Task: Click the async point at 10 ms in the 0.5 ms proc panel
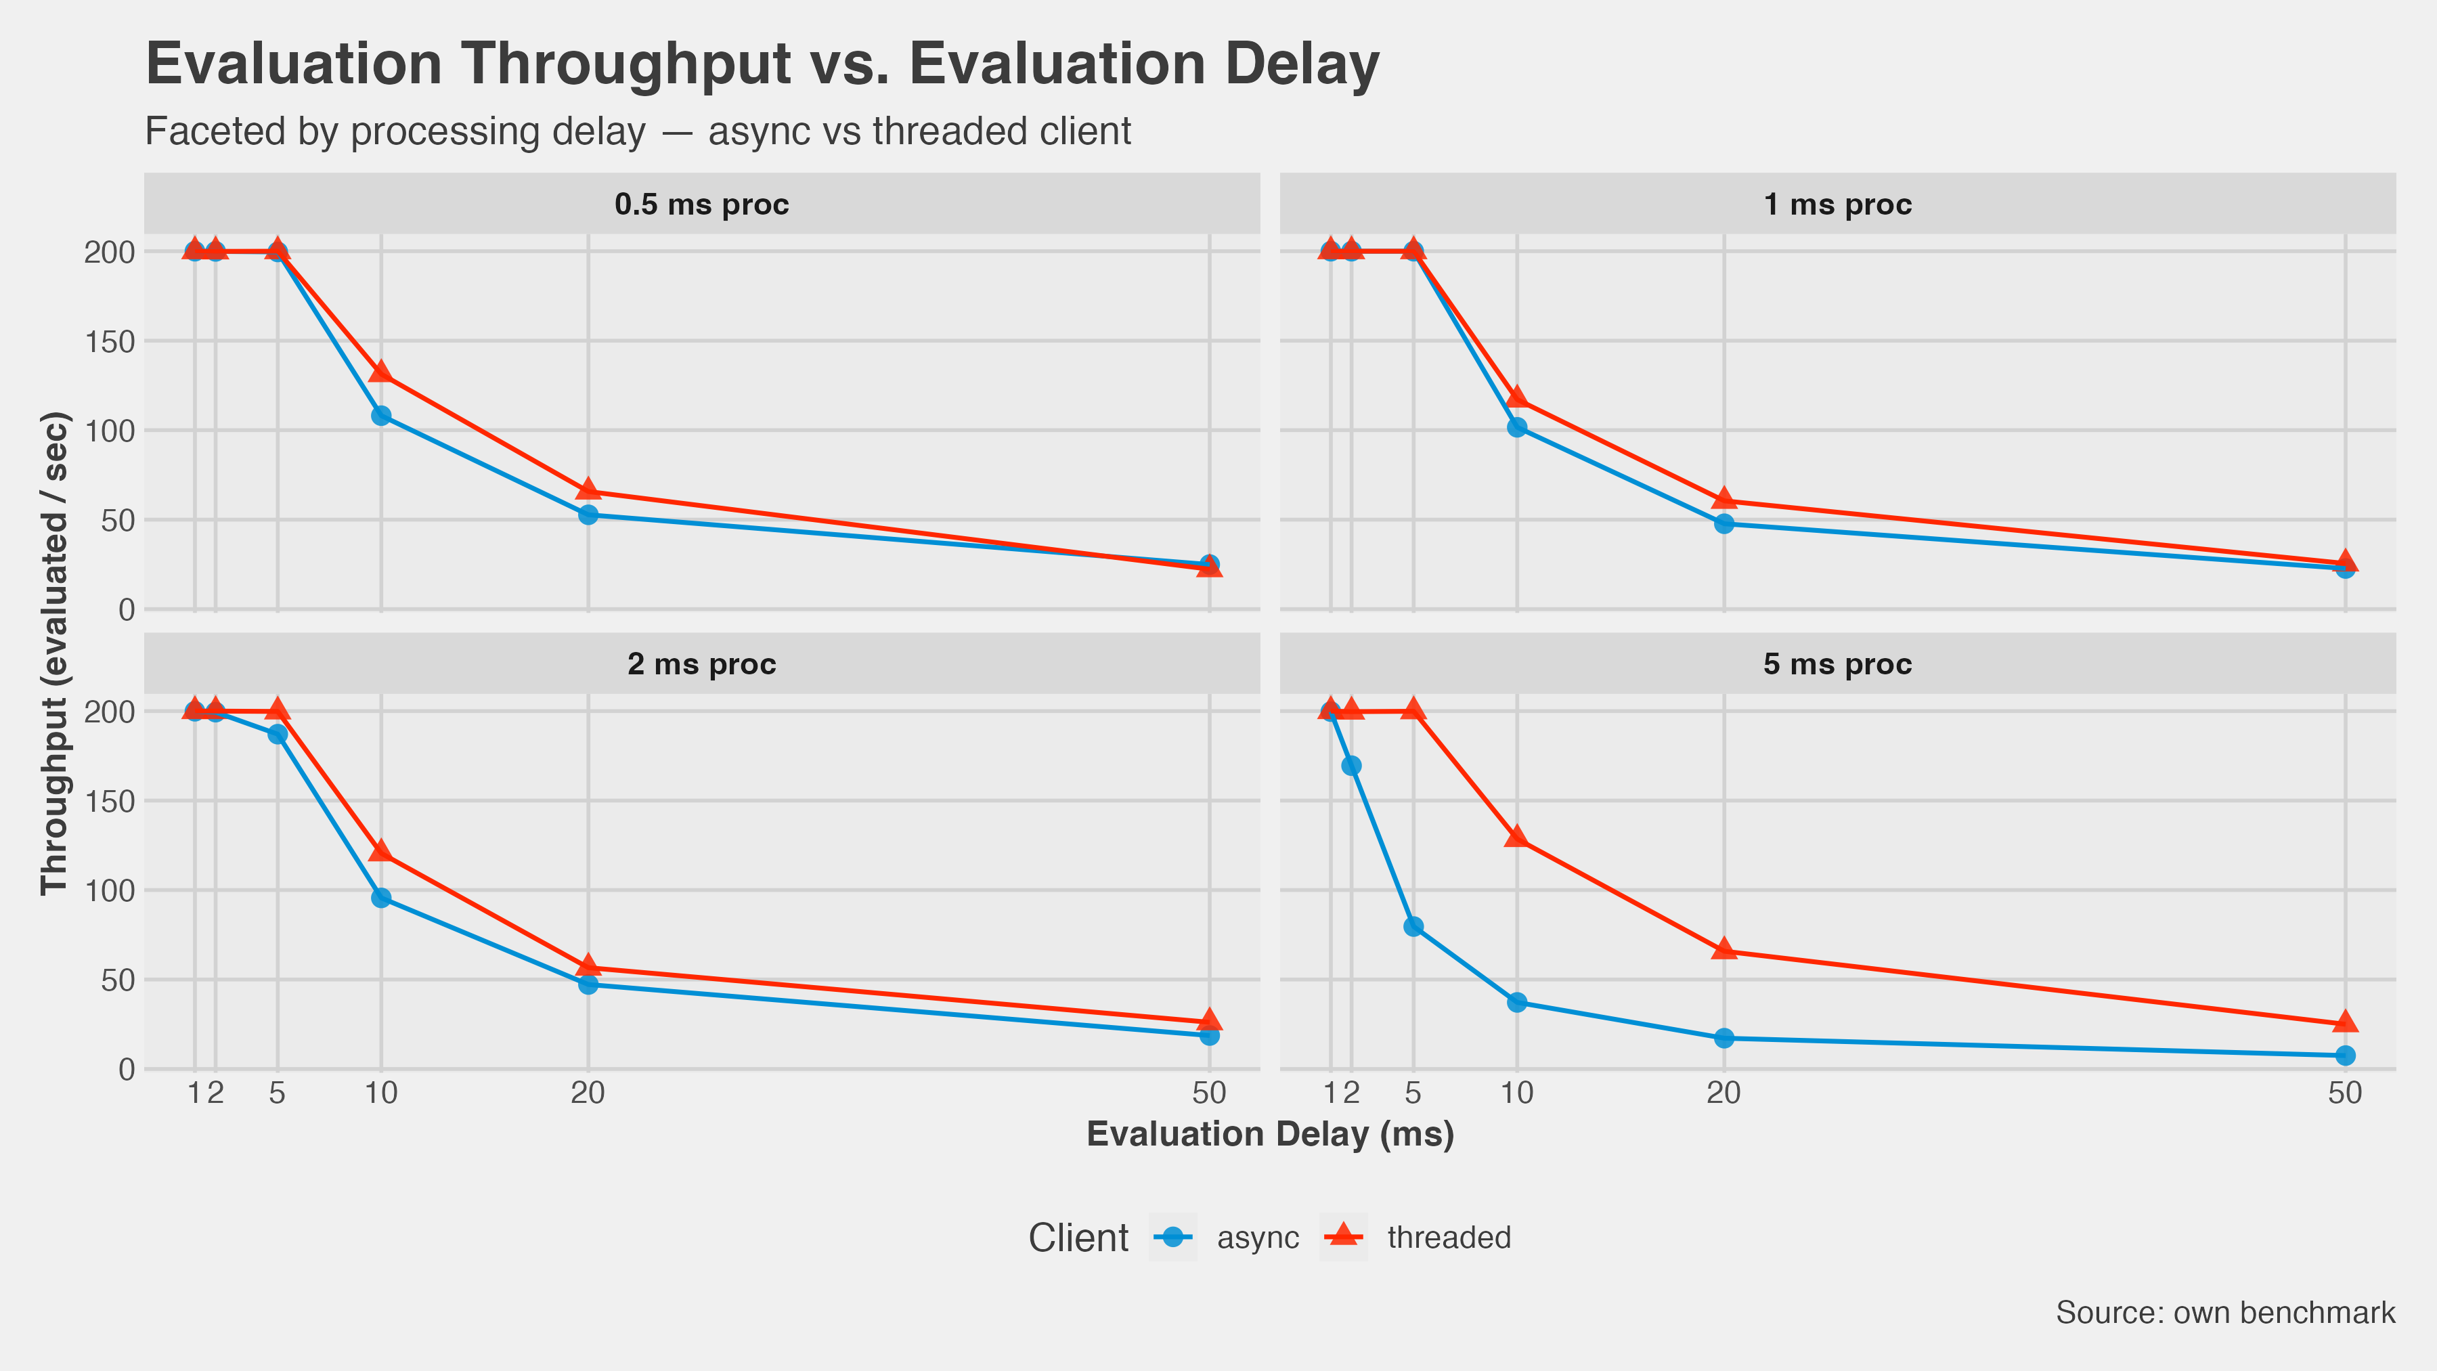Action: point(381,416)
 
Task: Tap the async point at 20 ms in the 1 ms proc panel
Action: point(1724,523)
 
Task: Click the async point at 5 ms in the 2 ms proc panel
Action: point(277,734)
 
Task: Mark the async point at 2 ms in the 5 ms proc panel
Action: point(1351,766)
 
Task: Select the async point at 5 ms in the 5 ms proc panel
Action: point(1413,926)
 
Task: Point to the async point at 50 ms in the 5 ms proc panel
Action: point(2345,1055)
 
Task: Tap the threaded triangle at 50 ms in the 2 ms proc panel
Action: point(1209,1021)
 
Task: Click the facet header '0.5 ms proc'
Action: point(701,204)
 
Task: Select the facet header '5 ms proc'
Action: point(1837,664)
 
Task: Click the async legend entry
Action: point(1257,1238)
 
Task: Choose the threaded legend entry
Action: point(1449,1238)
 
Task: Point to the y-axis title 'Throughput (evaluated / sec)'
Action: point(55,653)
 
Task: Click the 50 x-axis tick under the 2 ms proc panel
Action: point(1209,1095)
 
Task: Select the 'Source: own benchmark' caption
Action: point(2225,1312)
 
